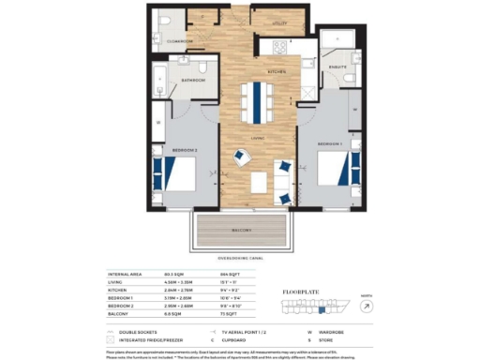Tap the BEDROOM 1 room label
tap(330, 143)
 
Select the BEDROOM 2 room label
tap(182, 149)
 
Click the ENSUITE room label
tap(337, 67)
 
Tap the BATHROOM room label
tap(194, 81)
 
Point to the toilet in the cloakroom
tap(166, 20)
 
